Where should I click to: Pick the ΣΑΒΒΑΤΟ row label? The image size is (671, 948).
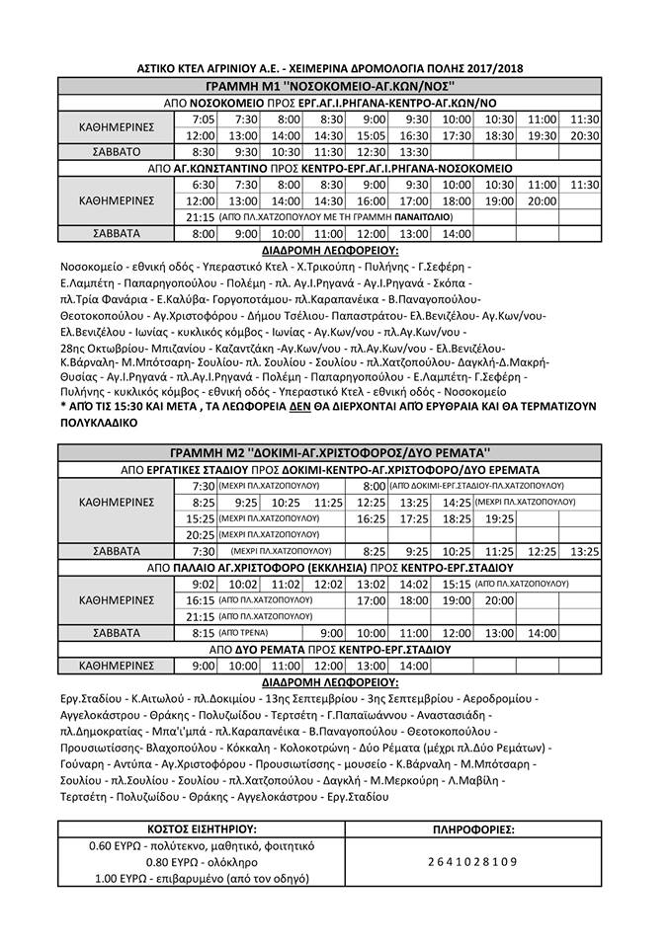point(117,152)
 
